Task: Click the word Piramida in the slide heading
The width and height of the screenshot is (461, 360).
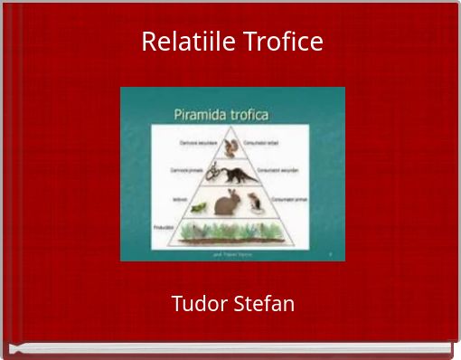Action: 200,115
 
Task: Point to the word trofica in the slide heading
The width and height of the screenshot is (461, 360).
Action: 259,115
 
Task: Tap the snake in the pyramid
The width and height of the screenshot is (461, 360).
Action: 214,173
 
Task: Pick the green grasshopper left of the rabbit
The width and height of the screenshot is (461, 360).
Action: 198,207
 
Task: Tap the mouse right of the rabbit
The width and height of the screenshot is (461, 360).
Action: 257,202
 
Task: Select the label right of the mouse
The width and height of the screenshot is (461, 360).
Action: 287,198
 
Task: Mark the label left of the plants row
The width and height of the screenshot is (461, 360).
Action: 163,228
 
